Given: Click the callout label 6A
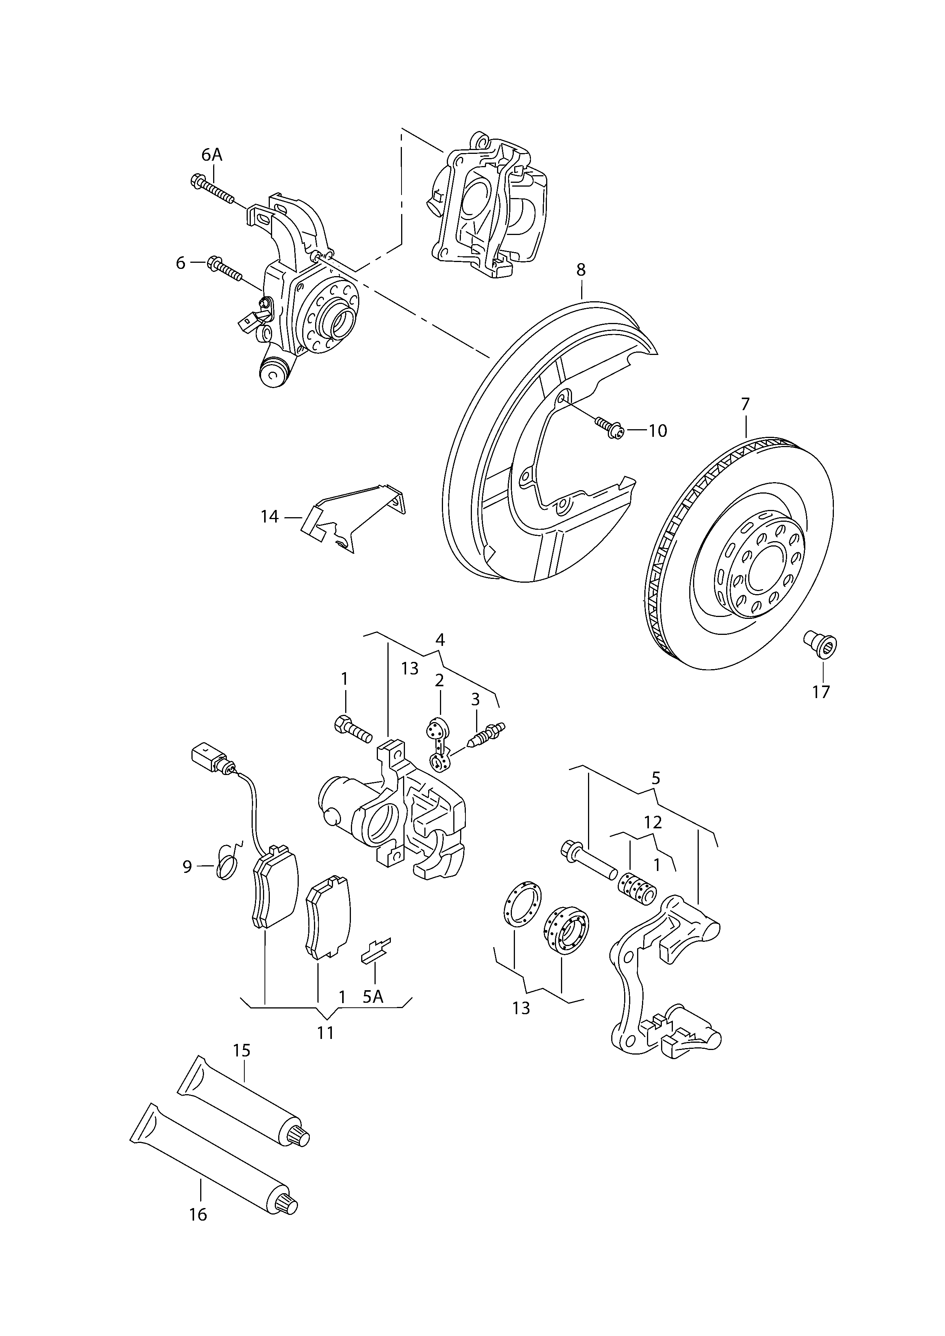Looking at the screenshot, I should click(212, 155).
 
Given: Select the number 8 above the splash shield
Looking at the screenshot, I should click(581, 270).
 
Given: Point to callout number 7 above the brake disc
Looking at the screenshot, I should click(746, 404).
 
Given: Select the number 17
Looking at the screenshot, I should click(821, 692).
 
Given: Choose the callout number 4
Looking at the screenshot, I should click(440, 640).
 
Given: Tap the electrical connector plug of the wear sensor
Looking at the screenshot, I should click(207, 757).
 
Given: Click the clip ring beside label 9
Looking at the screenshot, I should click(227, 869).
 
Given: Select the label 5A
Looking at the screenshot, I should click(373, 997).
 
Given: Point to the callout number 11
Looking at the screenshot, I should click(325, 1033).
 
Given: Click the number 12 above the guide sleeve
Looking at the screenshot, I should click(653, 823).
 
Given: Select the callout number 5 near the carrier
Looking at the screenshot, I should click(656, 778).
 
